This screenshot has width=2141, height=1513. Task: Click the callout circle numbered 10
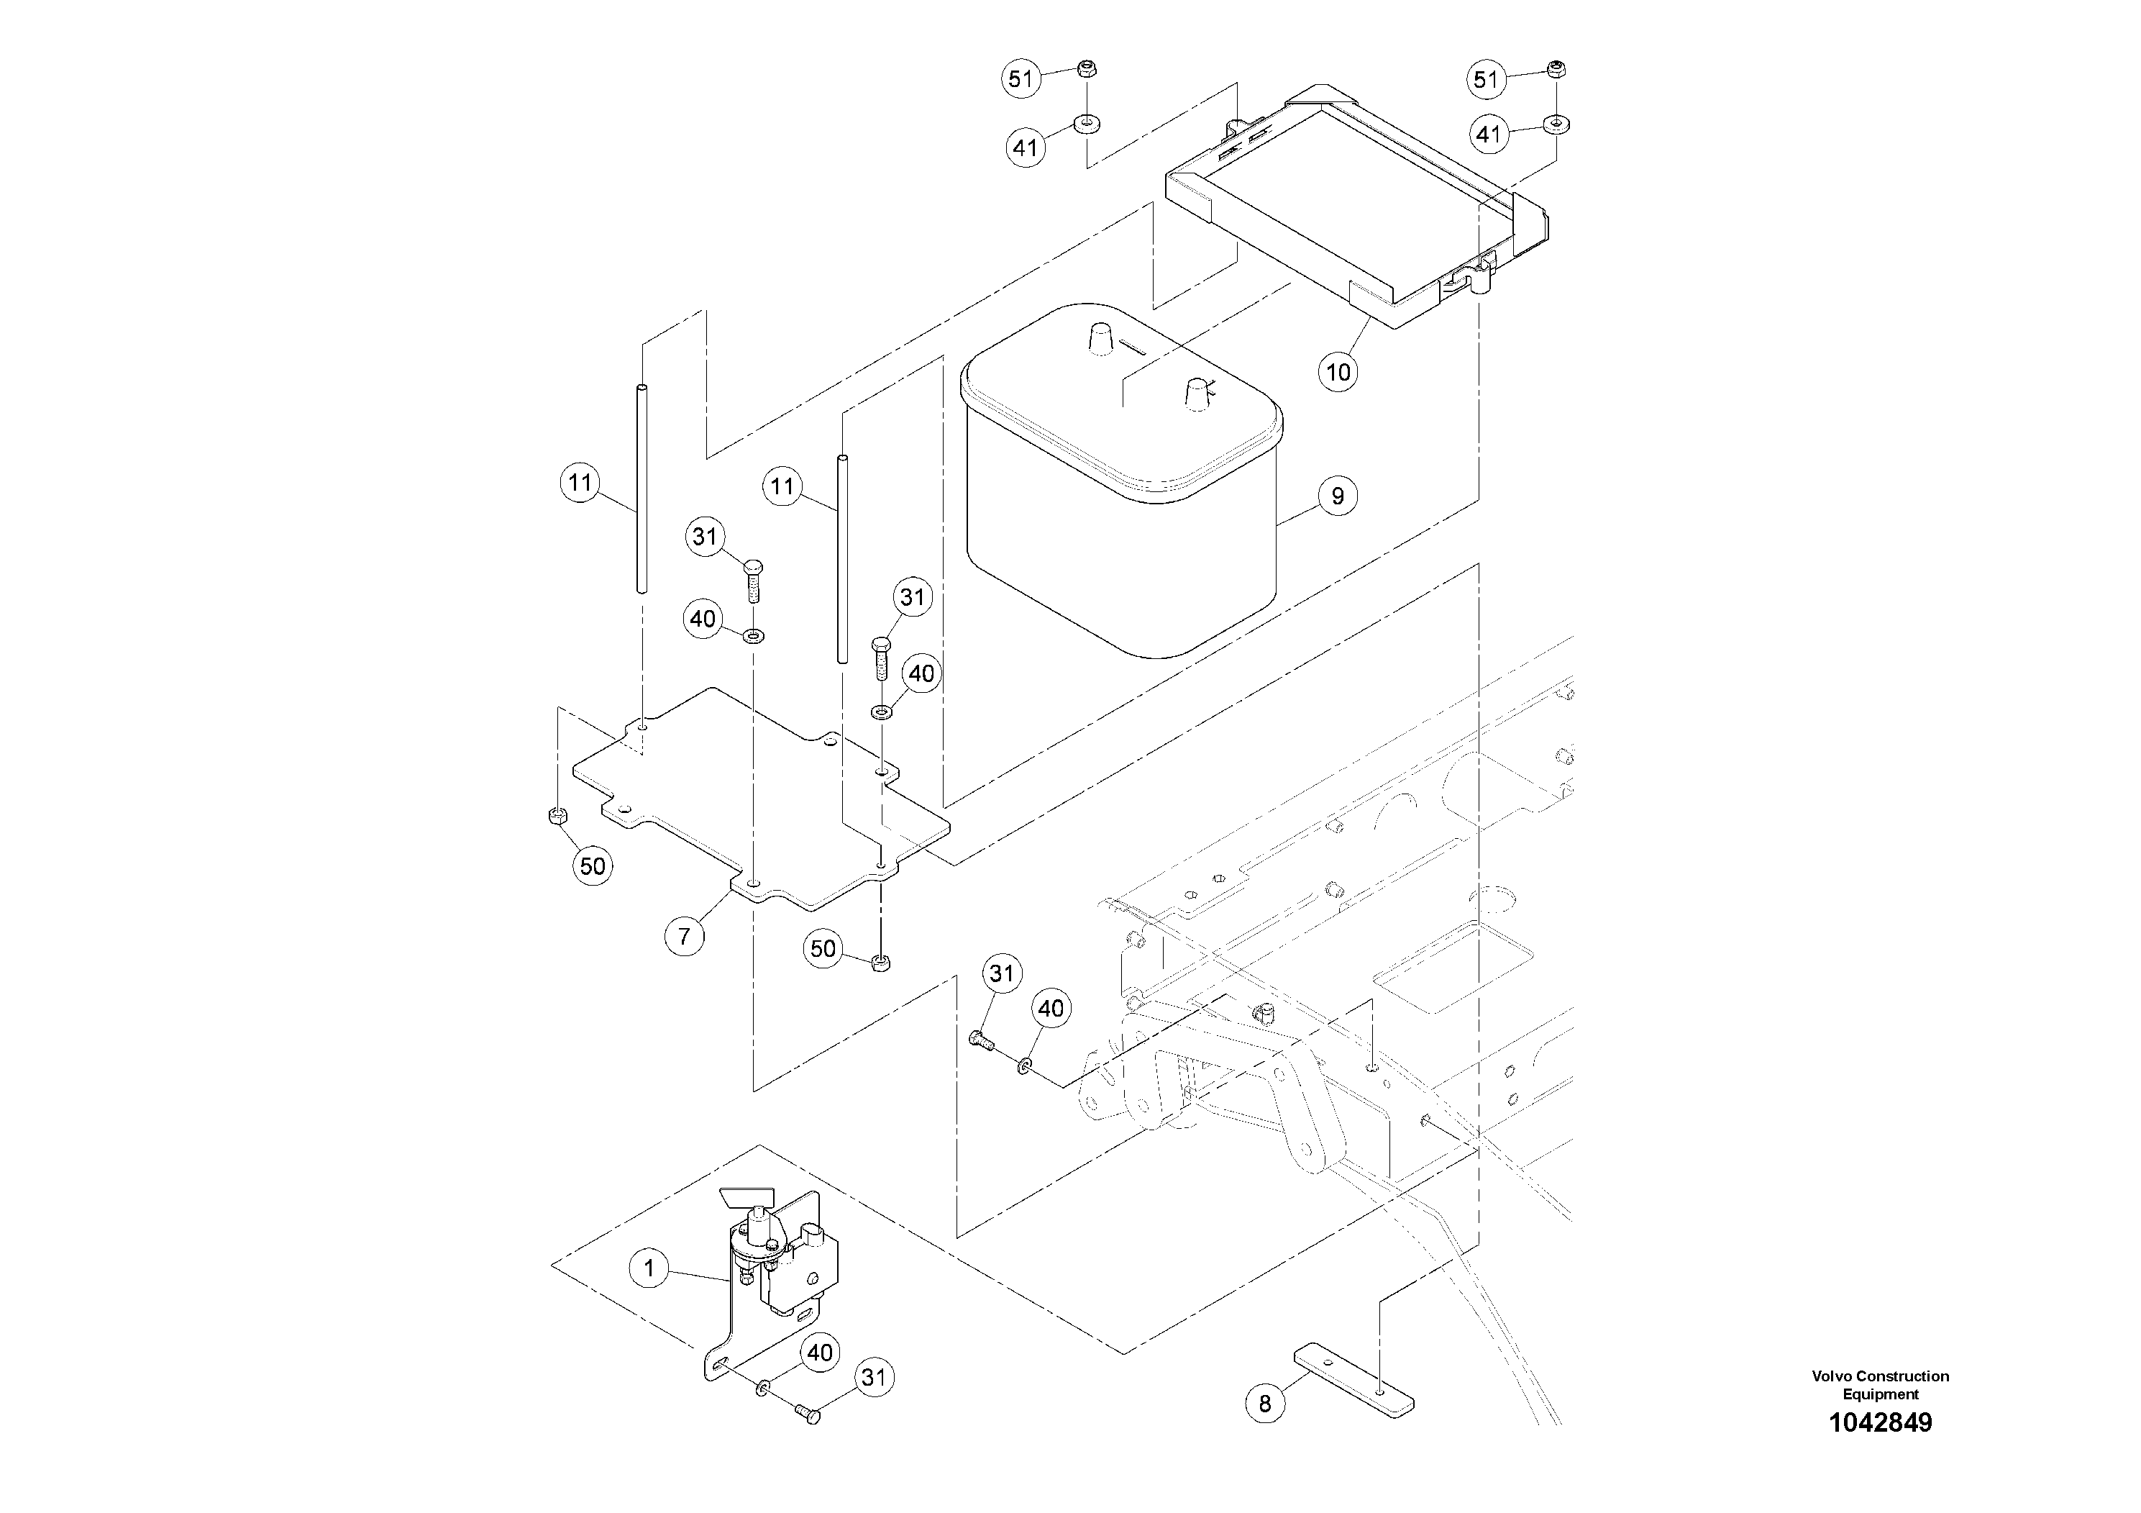pos(1338,372)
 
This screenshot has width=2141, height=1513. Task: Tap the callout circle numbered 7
pos(685,935)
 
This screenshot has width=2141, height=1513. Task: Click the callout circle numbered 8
pos(1264,1403)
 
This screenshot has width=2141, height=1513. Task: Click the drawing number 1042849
pos(1880,1422)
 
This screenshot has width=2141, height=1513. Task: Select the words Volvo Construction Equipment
pos(1880,1384)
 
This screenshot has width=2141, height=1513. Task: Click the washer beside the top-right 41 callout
pos(1556,122)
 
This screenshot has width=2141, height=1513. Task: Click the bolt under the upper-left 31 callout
pos(754,579)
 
